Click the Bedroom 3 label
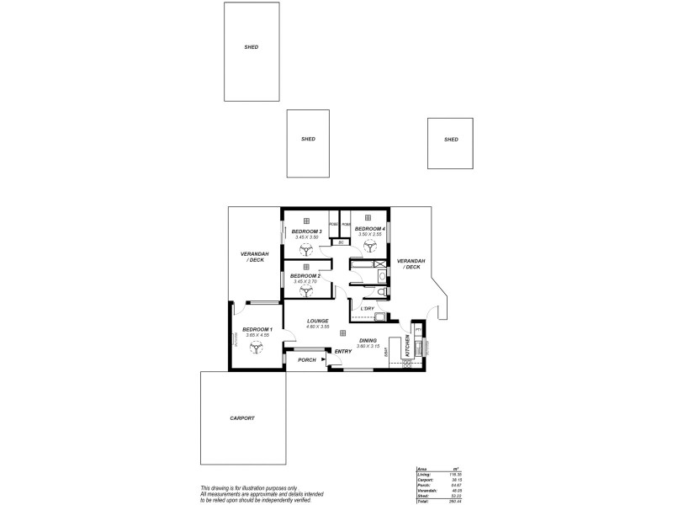click(306, 231)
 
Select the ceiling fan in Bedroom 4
click(369, 246)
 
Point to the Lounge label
click(317, 321)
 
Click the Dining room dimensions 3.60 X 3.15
click(368, 346)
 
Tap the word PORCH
click(306, 360)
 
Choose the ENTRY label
click(343, 351)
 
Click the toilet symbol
click(380, 291)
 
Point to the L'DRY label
click(367, 309)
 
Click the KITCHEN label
click(408, 343)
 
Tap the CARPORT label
click(241, 417)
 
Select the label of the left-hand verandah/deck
click(253, 258)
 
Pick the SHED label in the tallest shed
click(251, 48)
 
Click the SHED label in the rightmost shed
click(451, 139)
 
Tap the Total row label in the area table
click(422, 501)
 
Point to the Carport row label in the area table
click(424, 480)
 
